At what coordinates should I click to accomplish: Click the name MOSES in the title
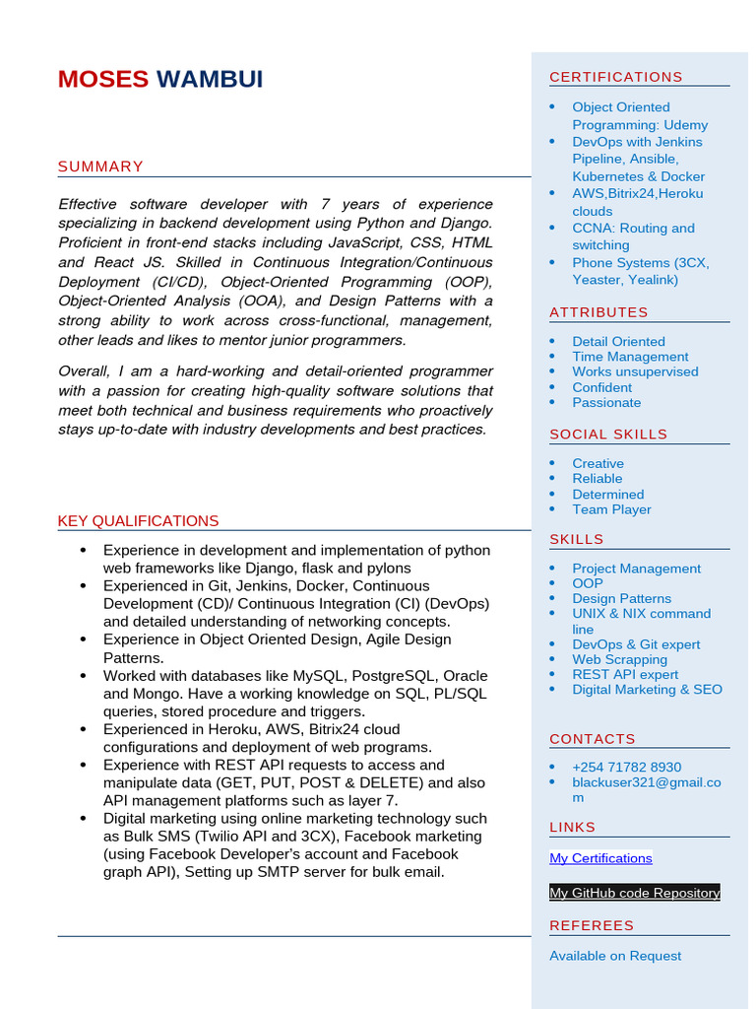pos(103,80)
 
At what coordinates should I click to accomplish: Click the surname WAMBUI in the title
pos(210,80)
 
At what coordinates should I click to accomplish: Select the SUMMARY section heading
pos(100,167)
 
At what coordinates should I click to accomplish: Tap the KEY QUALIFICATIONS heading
pos(138,521)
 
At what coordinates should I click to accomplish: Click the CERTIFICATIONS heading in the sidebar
pos(615,77)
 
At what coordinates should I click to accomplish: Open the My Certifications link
pos(600,858)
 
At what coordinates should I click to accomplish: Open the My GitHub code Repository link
pos(634,893)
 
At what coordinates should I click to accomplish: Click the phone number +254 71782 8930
pos(626,767)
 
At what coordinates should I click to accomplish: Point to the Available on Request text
pos(615,956)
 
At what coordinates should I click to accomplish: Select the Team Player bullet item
pos(611,509)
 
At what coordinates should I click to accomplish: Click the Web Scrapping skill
pos(619,659)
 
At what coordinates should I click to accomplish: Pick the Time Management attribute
pos(630,357)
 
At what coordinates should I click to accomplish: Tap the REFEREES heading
pos(592,925)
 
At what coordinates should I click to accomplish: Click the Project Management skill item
pos(636,569)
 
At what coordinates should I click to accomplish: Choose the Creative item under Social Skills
pos(598,463)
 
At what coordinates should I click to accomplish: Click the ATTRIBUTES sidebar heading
pos(598,312)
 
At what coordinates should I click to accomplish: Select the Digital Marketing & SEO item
pos(647,689)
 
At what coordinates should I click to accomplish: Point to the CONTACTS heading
pos(593,739)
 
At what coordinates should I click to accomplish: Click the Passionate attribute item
pos(606,402)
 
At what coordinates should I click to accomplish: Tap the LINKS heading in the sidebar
pos(573,827)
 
